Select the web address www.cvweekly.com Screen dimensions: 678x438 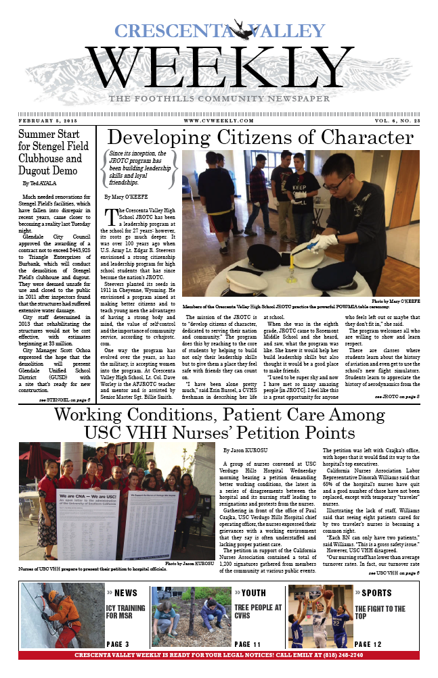219,120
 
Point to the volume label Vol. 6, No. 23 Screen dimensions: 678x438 387,120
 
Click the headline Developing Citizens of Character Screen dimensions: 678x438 269,137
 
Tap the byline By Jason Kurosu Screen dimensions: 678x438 246,450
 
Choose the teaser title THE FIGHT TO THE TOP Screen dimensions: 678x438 380,613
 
